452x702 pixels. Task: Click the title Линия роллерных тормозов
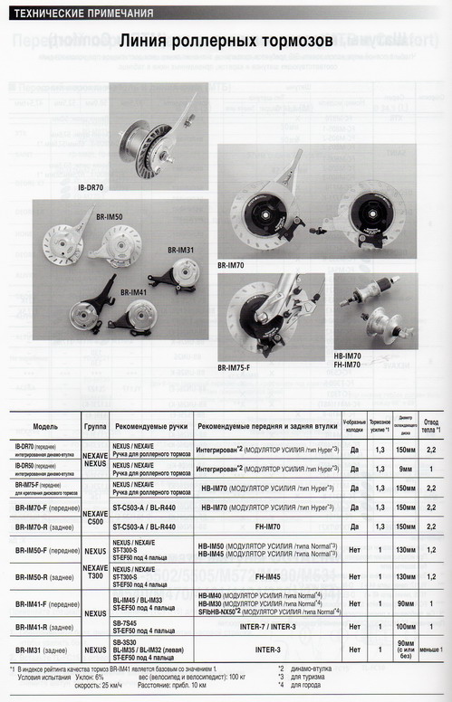226,42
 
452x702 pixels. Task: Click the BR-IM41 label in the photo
134,292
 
